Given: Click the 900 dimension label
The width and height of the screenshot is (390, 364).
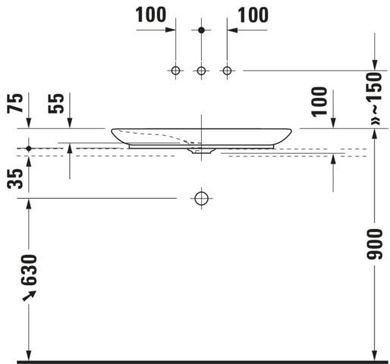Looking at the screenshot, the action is [375, 244].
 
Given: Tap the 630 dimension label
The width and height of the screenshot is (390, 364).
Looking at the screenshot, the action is [29, 270].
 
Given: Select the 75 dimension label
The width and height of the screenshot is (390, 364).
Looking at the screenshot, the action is [15, 103].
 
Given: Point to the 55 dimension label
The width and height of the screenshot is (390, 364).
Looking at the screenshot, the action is [56, 103].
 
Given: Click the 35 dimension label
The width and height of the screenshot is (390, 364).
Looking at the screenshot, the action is [15, 179].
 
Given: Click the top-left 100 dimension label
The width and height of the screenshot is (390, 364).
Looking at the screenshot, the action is [151, 14].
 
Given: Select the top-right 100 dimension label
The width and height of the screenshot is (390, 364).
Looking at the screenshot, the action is [253, 14].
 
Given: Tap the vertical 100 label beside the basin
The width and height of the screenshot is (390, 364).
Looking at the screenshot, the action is [319, 102].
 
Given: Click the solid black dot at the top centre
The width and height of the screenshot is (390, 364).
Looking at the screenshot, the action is [201, 30].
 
